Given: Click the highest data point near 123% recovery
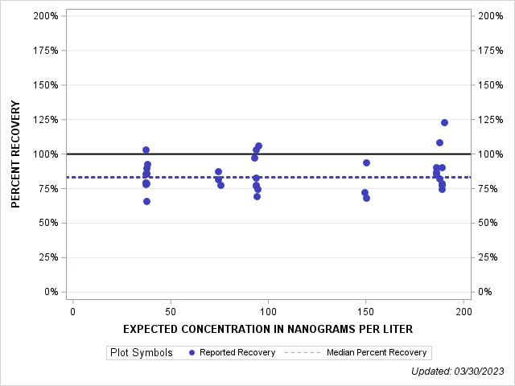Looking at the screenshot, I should (444, 122).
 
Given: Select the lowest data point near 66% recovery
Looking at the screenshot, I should (146, 201).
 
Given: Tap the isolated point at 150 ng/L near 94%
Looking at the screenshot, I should (366, 162).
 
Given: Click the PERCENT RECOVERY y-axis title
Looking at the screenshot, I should (15, 154).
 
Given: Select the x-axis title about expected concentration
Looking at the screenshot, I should (268, 329).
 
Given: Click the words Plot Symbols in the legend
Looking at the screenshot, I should (141, 352).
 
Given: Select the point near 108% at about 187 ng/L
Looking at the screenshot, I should (439, 142).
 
